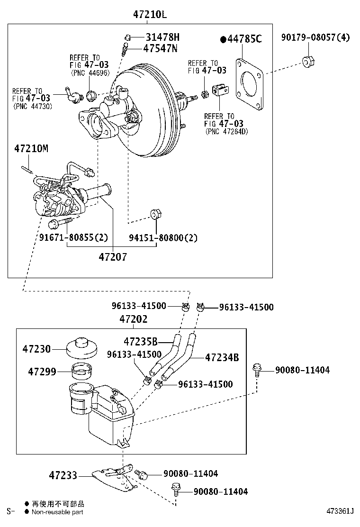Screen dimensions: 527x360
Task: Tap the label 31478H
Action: click(162, 37)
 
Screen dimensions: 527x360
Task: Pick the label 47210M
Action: click(31, 149)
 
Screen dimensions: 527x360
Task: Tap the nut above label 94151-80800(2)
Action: click(154, 214)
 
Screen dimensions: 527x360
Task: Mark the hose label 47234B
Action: click(222, 357)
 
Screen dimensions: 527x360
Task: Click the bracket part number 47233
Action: click(63, 475)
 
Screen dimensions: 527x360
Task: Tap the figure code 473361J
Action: click(340, 511)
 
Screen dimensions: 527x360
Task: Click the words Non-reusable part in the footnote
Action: click(57, 512)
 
